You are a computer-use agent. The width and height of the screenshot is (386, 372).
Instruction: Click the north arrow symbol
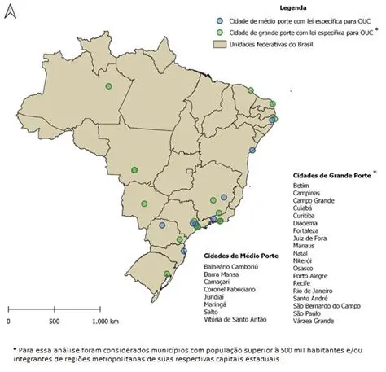click(x=10, y=13)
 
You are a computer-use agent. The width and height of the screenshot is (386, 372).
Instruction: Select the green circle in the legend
click(x=210, y=32)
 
